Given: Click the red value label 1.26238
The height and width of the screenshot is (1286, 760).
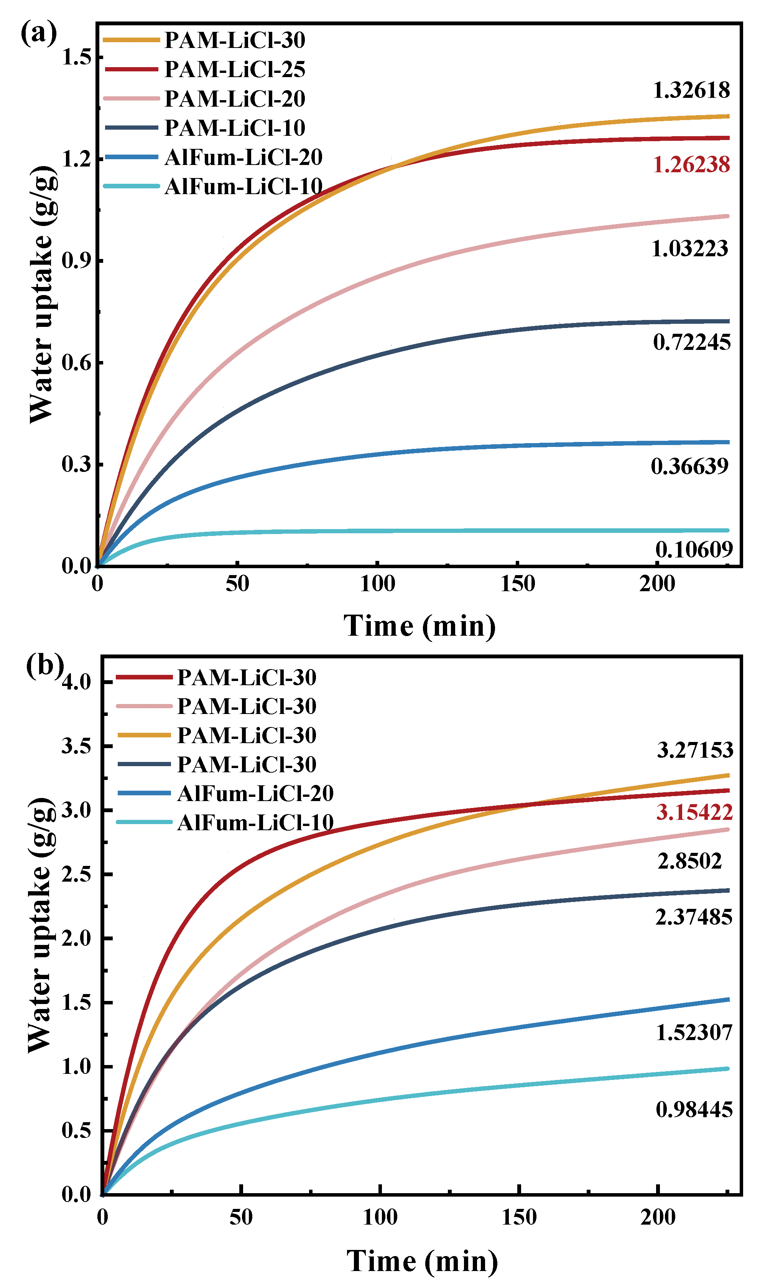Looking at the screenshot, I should point(691,165).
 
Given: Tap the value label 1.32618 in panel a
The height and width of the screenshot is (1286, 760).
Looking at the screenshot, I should point(691,90).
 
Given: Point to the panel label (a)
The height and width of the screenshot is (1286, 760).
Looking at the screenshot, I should point(38,33).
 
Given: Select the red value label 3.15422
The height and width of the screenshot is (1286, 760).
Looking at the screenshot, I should point(694,812).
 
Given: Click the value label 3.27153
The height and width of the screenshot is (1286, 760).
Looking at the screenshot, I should point(694,750).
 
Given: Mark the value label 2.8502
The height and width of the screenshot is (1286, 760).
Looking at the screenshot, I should point(689,861).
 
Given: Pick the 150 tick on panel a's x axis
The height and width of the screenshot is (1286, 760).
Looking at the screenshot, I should point(517,584).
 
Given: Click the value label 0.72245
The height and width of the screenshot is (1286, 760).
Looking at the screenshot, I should point(691,342).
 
